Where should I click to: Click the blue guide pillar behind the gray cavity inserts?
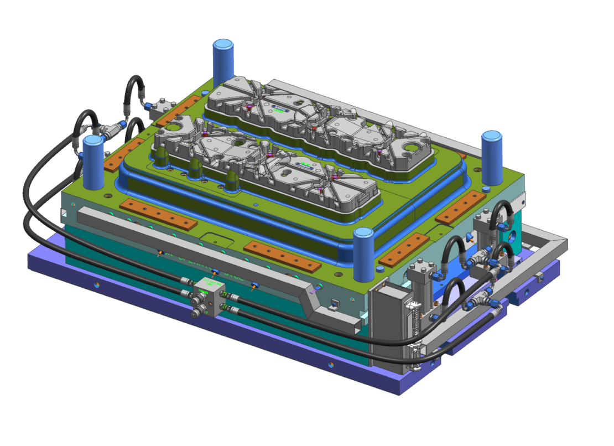pyautogui.click(x=224, y=61)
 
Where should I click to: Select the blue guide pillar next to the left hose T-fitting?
pyautogui.click(x=93, y=163)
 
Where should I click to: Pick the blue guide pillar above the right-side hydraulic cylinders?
pyautogui.click(x=491, y=158)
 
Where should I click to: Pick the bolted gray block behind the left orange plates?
pyautogui.click(x=161, y=107)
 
